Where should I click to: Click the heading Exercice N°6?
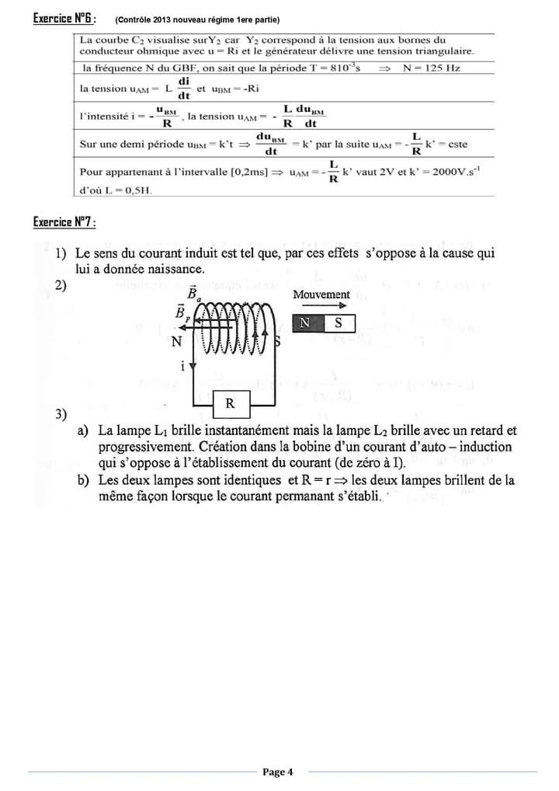click(x=64, y=19)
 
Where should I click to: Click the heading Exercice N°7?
click(x=64, y=223)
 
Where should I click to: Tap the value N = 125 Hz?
click(x=432, y=68)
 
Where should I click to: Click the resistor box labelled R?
click(x=230, y=404)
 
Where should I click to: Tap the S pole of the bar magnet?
click(x=339, y=323)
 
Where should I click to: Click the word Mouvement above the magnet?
click(x=321, y=294)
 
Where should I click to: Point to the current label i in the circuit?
click(x=182, y=366)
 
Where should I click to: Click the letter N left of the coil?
click(x=177, y=341)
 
